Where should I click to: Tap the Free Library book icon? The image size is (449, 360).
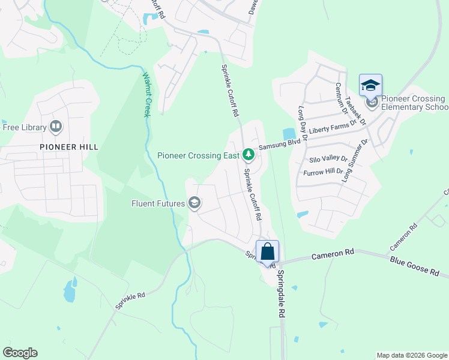(x=56, y=127)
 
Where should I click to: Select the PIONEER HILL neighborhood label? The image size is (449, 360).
(x=69, y=146)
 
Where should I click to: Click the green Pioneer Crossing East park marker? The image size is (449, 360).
(x=248, y=155)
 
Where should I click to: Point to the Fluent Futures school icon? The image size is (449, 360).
(x=194, y=203)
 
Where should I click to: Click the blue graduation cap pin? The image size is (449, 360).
(x=370, y=85)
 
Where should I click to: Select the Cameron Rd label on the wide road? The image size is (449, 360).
(x=333, y=256)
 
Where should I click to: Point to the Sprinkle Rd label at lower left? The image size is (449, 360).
(x=130, y=301)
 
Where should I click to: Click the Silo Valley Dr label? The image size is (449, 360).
(x=328, y=160)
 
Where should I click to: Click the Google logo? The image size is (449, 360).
(x=20, y=353)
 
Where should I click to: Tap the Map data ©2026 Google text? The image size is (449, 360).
(x=411, y=355)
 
